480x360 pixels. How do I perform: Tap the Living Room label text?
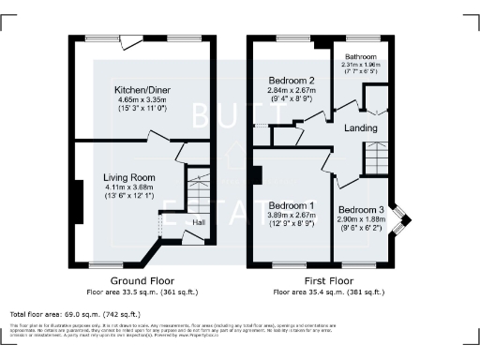point(130,177)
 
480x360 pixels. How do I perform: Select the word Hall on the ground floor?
point(199,222)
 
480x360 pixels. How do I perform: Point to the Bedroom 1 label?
point(291,205)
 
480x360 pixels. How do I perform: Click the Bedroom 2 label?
point(291,81)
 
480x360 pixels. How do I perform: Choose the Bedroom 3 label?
point(361,209)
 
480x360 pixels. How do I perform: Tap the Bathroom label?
point(362,56)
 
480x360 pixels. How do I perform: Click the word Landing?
point(361,128)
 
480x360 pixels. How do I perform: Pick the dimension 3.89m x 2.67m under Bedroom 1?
point(291,216)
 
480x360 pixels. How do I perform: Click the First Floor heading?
point(327,280)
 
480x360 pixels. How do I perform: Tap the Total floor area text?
point(74,313)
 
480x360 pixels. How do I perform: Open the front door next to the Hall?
point(192,238)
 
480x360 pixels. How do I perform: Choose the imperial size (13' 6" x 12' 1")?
point(130,197)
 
